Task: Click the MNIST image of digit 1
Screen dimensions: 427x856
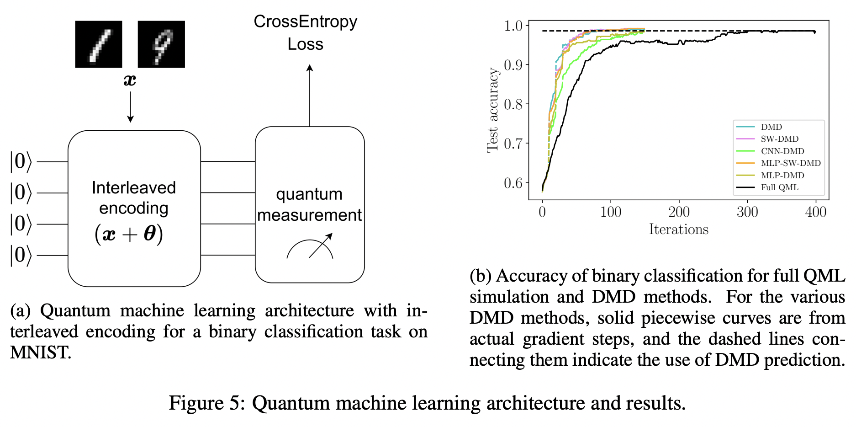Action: (99, 44)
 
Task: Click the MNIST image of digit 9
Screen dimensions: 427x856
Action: (161, 44)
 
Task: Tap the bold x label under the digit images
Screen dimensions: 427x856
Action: (130, 80)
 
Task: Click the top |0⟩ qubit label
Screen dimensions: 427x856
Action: (21, 162)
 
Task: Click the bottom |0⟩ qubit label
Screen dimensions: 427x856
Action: (21, 255)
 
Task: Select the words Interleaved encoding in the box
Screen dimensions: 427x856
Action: (134, 197)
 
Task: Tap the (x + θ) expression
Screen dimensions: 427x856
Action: (129, 234)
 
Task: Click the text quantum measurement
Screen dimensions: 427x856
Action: (309, 204)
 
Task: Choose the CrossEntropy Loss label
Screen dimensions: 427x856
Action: (305, 32)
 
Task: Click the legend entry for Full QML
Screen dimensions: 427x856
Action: (779, 187)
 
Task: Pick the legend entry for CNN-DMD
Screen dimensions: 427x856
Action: (782, 151)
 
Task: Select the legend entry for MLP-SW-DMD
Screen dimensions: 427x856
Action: (790, 163)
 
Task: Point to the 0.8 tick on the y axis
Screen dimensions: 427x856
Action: (513, 104)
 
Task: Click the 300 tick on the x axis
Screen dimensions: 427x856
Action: (747, 212)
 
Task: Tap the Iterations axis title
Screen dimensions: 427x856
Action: (679, 230)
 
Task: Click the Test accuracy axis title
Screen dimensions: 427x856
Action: (492, 110)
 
